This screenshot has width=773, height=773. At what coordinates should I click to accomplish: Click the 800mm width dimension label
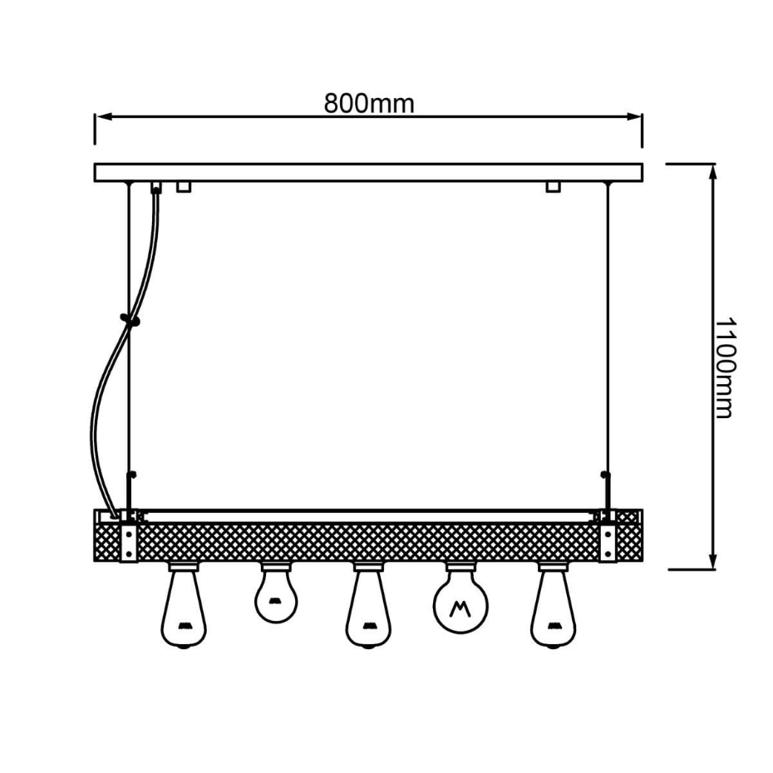[x=369, y=104]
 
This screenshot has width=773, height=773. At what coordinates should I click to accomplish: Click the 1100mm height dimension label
[x=725, y=367]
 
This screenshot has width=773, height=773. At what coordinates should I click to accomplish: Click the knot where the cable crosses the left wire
[x=130, y=321]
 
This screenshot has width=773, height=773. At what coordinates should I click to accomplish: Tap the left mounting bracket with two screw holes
[x=129, y=542]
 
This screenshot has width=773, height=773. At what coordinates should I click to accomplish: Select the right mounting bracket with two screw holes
[x=608, y=542]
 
